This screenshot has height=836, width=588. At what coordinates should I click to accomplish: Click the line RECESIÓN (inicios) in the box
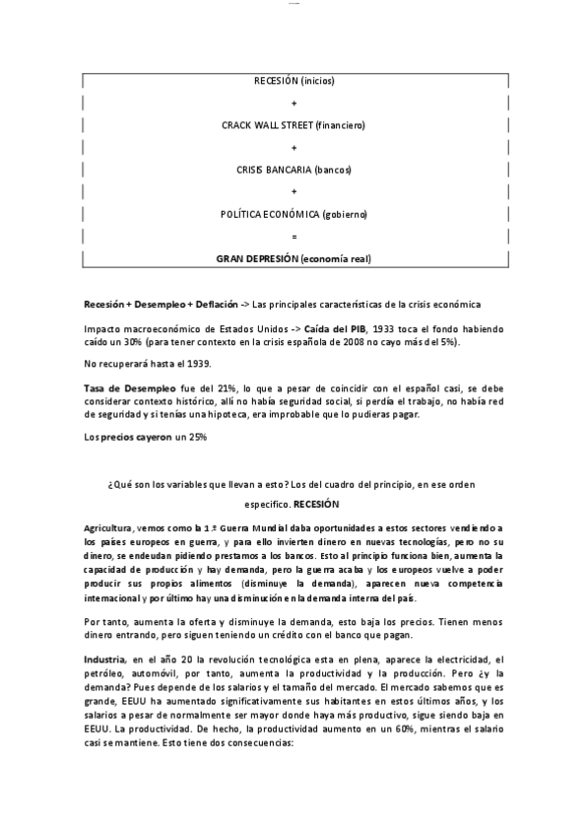294,80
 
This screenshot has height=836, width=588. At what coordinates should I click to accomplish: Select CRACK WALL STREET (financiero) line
294,125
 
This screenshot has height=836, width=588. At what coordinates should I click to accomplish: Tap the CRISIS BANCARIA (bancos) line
294,170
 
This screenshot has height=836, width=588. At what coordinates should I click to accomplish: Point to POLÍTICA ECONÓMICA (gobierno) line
294,214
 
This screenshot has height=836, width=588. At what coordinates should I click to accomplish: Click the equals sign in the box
294,237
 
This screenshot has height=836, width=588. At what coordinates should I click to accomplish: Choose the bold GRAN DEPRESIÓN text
257,259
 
